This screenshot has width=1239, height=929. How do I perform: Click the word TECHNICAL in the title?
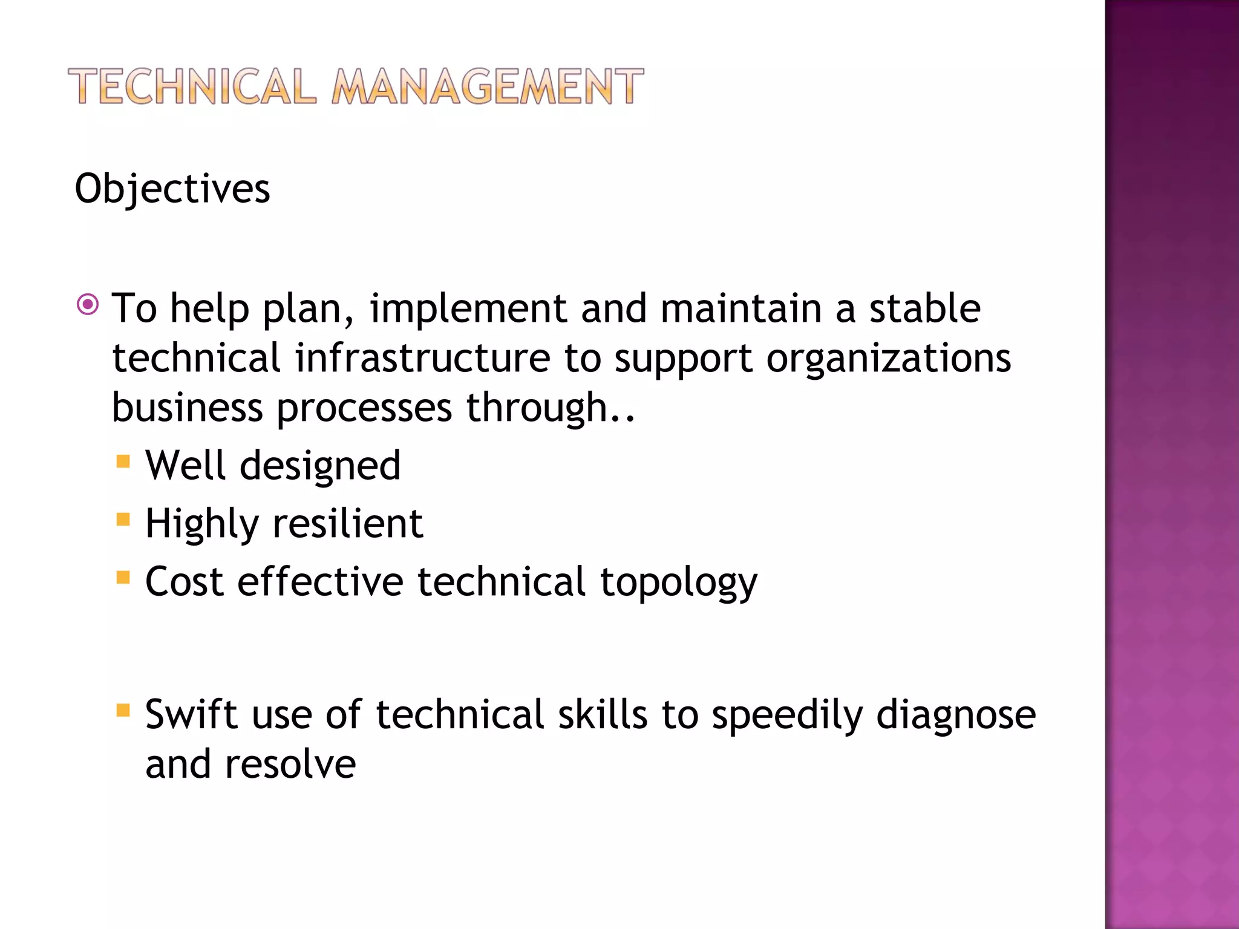[192, 86]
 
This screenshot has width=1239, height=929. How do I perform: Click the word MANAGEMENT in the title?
[488, 86]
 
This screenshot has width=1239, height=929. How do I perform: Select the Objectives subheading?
[172, 189]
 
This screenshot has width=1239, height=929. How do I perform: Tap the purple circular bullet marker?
[88, 304]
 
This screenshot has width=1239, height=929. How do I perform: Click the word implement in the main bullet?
[468, 309]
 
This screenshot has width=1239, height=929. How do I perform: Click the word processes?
[364, 408]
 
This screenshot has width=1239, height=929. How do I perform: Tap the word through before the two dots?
[536, 408]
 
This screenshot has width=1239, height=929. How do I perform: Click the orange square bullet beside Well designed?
[123, 461]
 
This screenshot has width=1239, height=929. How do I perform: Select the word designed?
[320, 466]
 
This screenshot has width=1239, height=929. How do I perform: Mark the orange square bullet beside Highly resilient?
[123, 519]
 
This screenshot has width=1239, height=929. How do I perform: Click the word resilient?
[348, 523]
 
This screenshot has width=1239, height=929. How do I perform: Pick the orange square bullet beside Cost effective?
[123, 577]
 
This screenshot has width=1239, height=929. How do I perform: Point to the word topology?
[678, 582]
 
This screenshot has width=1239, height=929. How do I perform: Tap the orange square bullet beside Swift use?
[123, 709]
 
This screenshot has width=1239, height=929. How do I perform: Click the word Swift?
[191, 715]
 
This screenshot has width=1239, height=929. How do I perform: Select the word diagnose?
[956, 715]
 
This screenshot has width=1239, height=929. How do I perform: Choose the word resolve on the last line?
[290, 764]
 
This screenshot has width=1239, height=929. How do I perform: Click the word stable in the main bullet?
[925, 309]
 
